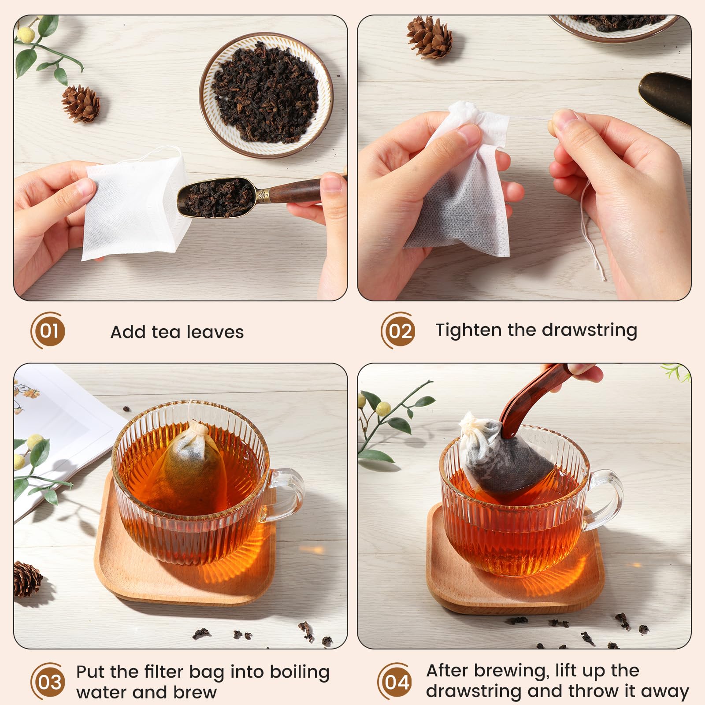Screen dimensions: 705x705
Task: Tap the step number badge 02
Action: [399, 330]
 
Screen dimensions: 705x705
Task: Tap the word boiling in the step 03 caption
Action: [300, 672]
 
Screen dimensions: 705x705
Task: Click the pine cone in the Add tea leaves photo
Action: [81, 104]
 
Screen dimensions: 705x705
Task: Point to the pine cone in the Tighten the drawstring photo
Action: [429, 37]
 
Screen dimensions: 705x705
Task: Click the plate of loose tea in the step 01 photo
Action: [266, 94]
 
